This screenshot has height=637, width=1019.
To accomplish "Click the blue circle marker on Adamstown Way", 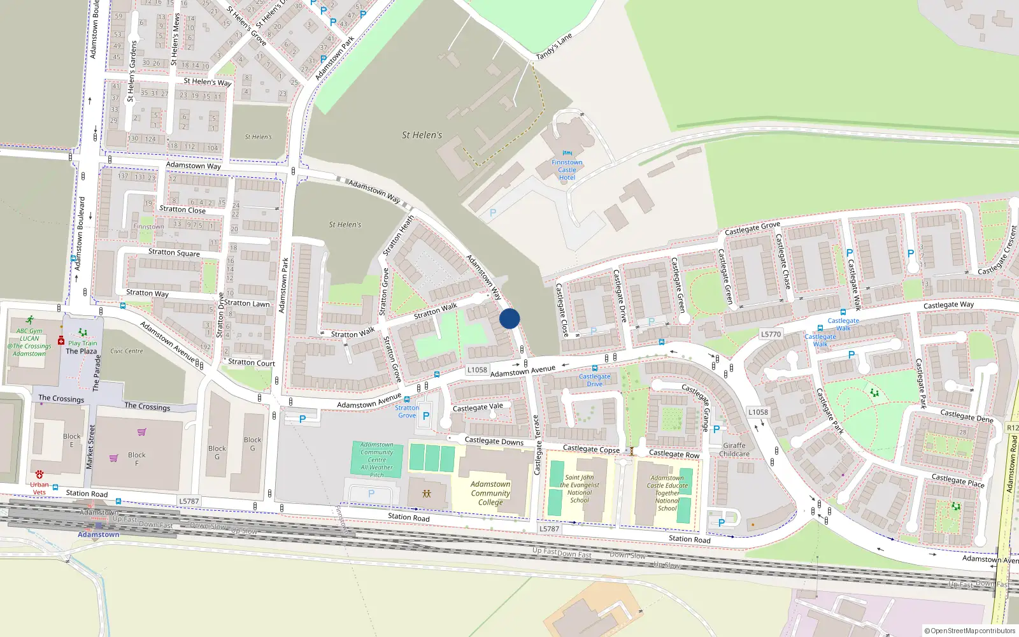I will click(x=509, y=318).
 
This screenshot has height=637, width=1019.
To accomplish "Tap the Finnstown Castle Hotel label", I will click(x=567, y=169).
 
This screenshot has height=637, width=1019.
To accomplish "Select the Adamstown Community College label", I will click(x=490, y=493).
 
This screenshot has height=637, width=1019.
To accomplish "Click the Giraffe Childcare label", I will click(x=734, y=450).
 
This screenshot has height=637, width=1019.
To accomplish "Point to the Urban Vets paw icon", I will click(x=39, y=475).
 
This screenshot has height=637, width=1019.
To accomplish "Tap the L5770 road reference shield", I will click(x=771, y=334).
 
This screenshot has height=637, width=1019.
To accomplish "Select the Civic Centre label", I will click(x=127, y=351).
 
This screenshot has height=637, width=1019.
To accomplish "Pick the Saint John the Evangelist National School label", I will click(x=580, y=489).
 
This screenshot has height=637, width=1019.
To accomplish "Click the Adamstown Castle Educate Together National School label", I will click(x=667, y=493).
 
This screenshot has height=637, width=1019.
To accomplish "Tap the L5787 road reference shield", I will click(x=189, y=501).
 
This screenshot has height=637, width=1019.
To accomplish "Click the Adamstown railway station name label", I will click(x=99, y=534).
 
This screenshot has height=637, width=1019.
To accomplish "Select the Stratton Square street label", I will click(x=174, y=253).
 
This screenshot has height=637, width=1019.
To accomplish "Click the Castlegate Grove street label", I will click(x=752, y=228).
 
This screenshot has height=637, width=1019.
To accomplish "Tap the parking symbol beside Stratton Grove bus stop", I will click(x=426, y=416).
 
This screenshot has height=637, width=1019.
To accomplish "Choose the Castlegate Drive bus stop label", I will click(x=594, y=380).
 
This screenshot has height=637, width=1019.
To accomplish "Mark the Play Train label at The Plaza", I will click(x=83, y=343).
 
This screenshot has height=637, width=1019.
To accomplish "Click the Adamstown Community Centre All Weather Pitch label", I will click(x=376, y=460).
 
